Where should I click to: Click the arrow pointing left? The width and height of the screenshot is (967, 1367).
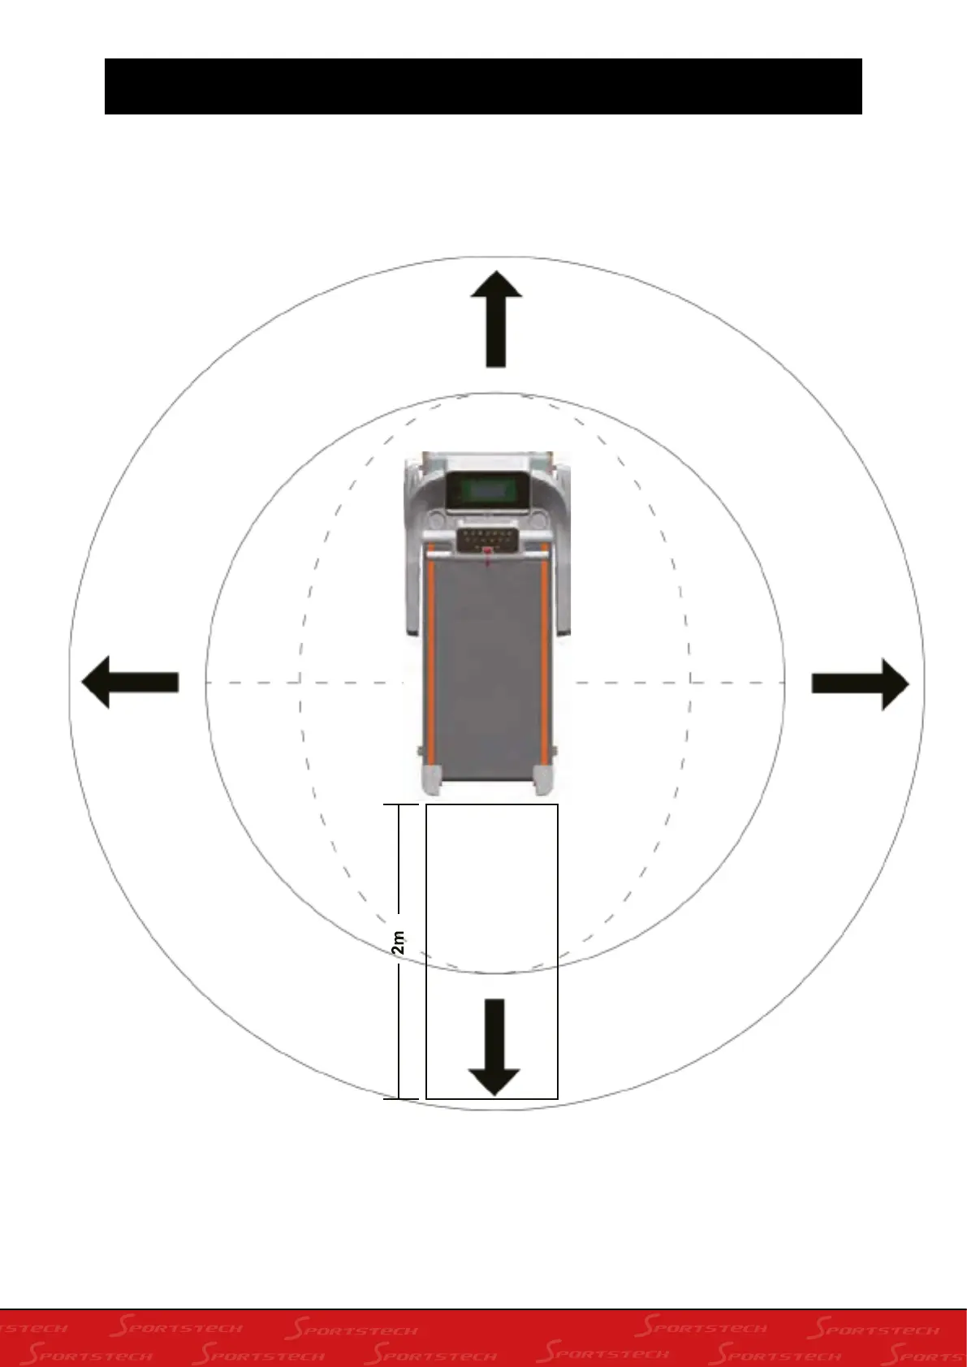[130, 683]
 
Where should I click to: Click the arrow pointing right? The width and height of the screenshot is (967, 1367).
[861, 683]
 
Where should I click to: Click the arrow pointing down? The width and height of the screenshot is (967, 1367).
[494, 1047]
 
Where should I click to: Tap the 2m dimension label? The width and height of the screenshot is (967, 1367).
[399, 944]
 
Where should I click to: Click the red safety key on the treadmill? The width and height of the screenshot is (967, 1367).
[487, 555]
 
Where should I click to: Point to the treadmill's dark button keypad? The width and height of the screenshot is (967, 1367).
[487, 538]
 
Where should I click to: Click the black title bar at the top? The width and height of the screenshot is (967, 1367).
[483, 86]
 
